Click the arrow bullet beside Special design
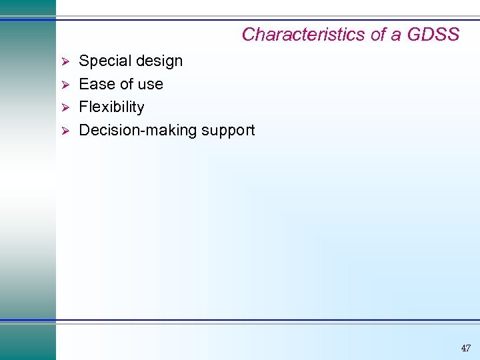click(x=65, y=61)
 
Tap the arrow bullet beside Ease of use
click(x=65, y=85)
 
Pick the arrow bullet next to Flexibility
click(x=65, y=107)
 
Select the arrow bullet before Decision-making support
click(x=65, y=130)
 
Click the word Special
click(x=103, y=61)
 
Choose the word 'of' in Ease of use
click(x=125, y=84)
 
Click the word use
click(x=150, y=85)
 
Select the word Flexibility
click(x=111, y=107)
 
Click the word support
click(x=224, y=131)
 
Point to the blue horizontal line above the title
click(x=267, y=19)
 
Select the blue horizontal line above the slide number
click(x=267, y=321)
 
